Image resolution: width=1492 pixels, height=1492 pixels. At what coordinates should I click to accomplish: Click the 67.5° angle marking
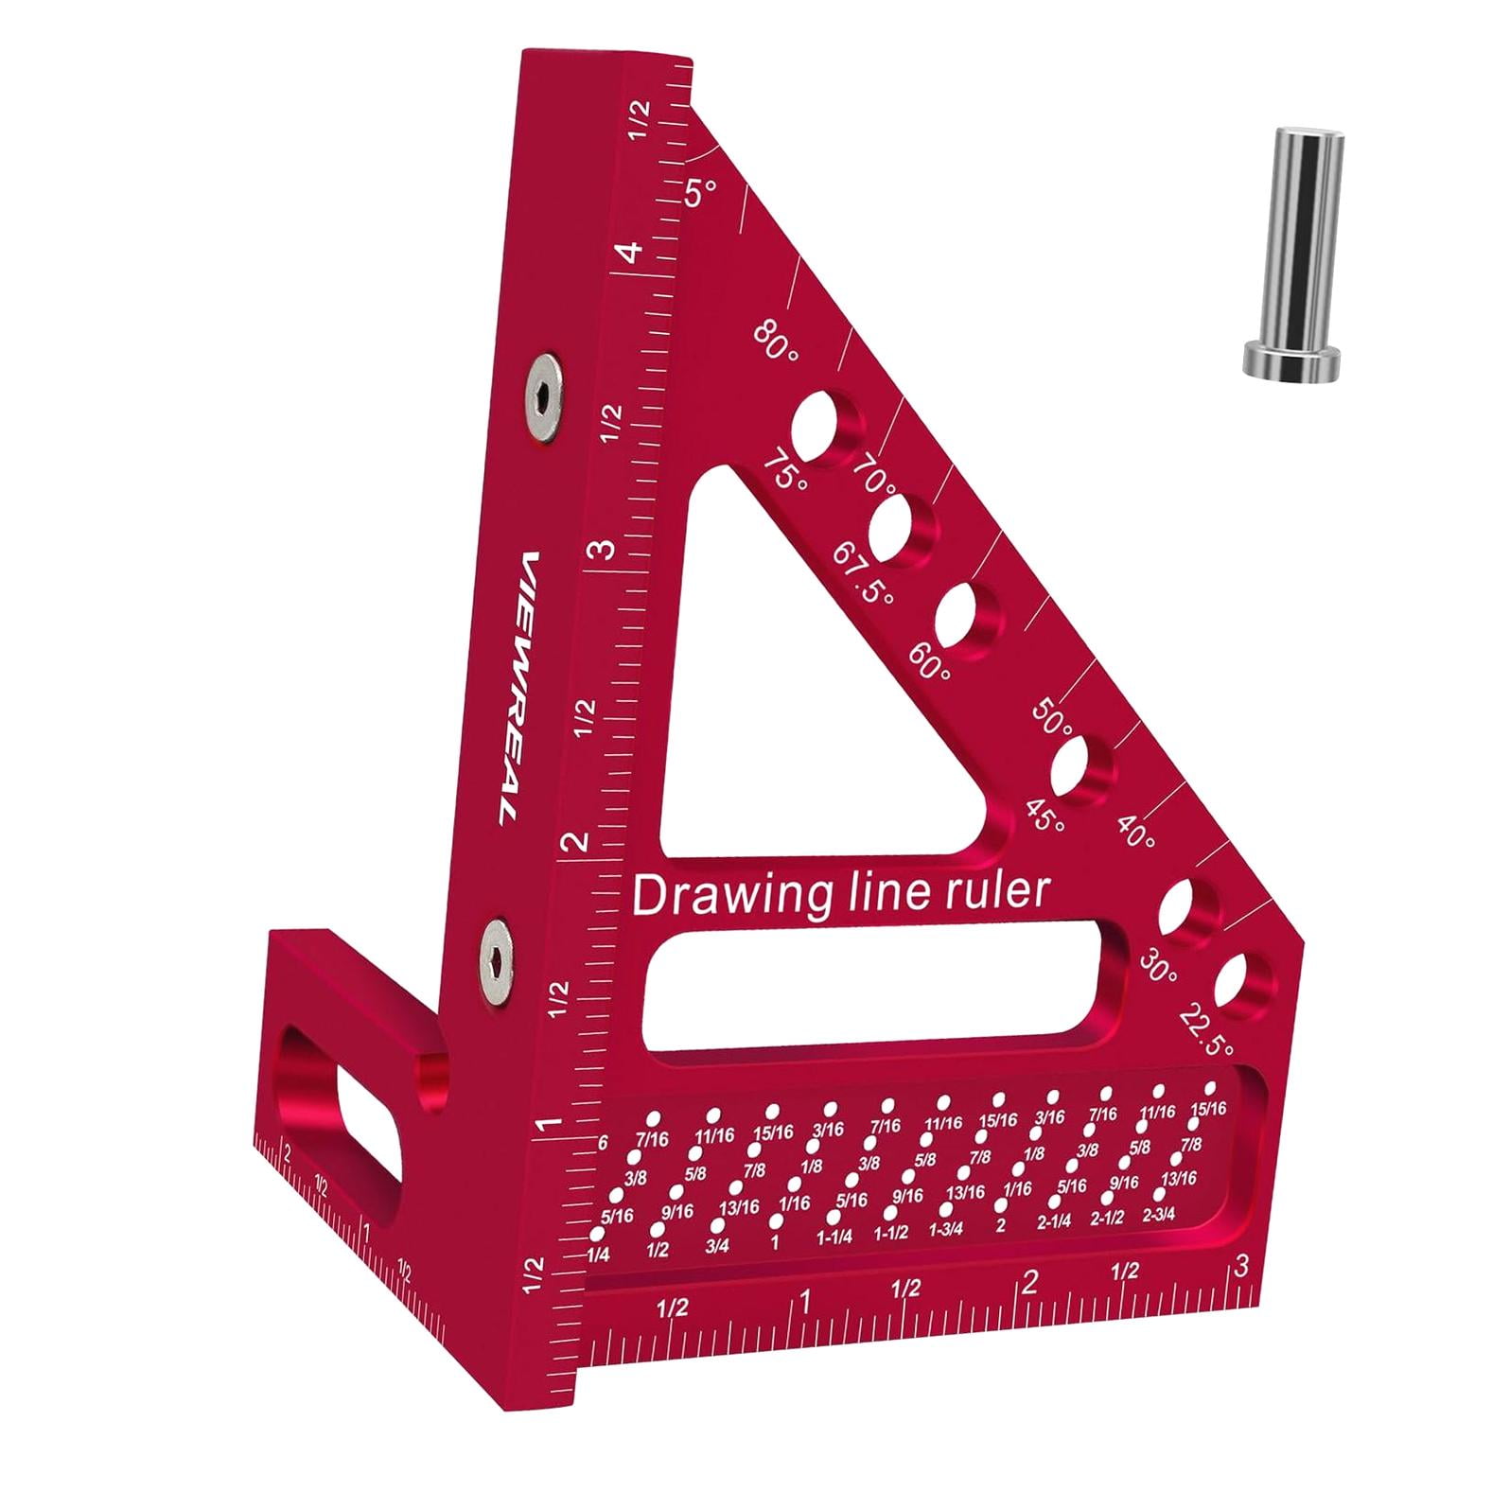[x=863, y=577]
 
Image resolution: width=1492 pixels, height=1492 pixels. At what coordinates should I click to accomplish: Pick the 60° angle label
[x=930, y=660]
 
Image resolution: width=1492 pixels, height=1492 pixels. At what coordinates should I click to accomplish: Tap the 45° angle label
[x=1044, y=814]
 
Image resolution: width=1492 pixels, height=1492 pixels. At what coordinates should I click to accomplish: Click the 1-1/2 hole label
[x=891, y=1233]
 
